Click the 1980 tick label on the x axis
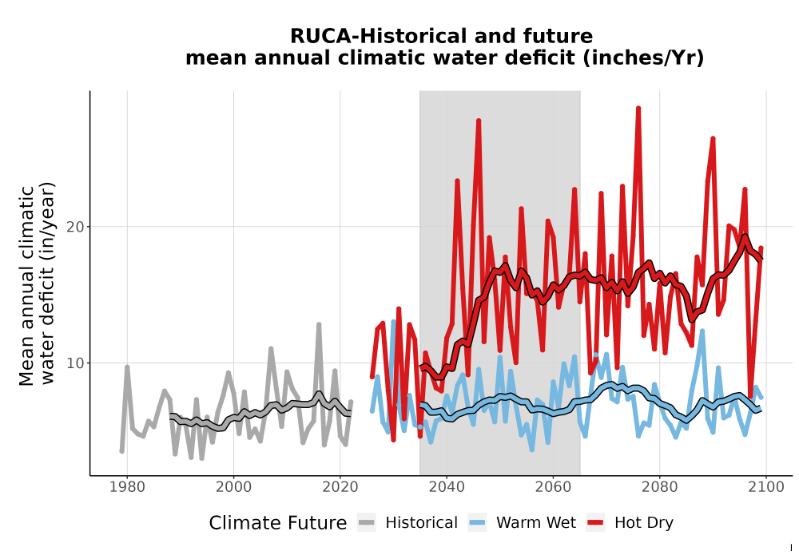127,487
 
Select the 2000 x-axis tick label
233,487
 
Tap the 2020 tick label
340,487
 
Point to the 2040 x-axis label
447,487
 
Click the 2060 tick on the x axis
553,487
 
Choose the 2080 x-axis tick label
659,487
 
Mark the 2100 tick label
766,487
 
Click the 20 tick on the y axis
75,227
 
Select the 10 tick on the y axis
75,363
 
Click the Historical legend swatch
367,523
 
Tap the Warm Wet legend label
536,523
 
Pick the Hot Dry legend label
644,523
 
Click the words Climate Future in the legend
278,523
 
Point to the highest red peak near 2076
638,109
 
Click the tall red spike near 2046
479,121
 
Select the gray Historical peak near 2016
319,324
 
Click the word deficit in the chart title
543,57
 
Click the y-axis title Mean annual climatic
26,286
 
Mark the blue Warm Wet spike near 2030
393,323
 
